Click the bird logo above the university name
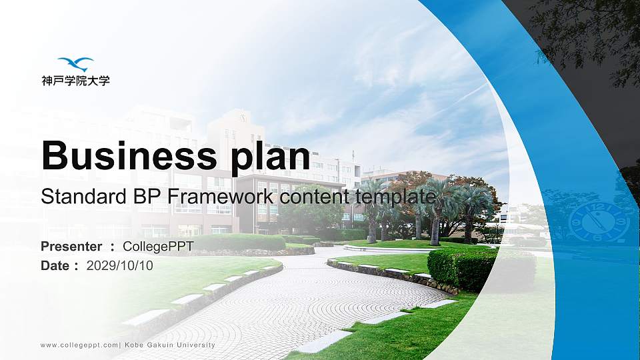75,64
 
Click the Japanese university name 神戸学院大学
75,81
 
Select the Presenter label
71,247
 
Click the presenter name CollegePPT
158,247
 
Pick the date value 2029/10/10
120,265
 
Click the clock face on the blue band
598,221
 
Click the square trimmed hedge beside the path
460,268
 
